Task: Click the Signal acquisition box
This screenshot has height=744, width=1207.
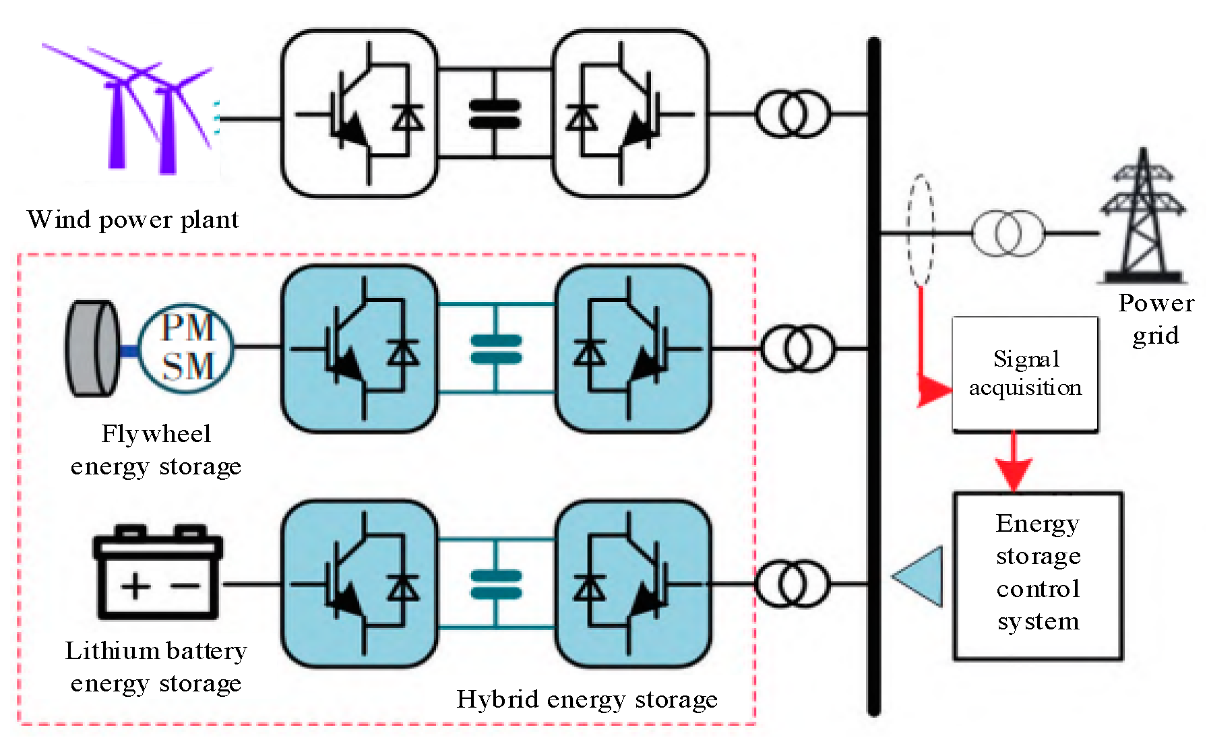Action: pyautogui.click(x=1024, y=374)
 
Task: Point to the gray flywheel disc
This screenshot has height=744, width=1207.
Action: pyautogui.click(x=92, y=348)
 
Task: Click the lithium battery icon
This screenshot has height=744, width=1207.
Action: pyautogui.click(x=158, y=573)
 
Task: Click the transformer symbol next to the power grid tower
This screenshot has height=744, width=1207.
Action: pyautogui.click(x=1008, y=233)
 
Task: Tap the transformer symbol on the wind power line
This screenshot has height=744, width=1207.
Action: pyautogui.click(x=793, y=114)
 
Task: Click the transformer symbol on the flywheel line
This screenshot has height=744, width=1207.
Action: pyautogui.click(x=797, y=348)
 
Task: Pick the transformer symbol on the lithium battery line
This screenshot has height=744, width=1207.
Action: pyautogui.click(x=791, y=584)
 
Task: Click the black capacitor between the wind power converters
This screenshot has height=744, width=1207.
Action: pyautogui.click(x=495, y=114)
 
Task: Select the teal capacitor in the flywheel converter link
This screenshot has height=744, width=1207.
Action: pyautogui.click(x=496, y=349)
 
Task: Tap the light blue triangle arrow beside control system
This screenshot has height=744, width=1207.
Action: pyautogui.click(x=920, y=577)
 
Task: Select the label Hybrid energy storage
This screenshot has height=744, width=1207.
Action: pyautogui.click(x=586, y=700)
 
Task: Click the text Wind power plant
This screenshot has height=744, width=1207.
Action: pyautogui.click(x=133, y=220)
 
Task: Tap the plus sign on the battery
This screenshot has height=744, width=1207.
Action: pyautogui.click(x=135, y=585)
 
